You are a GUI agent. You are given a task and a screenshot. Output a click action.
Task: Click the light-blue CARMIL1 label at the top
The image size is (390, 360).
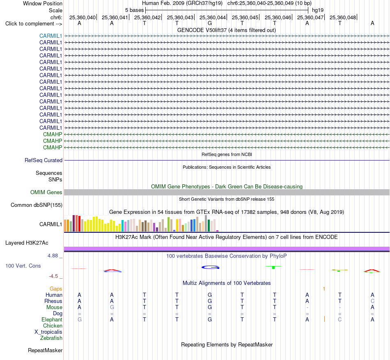50,36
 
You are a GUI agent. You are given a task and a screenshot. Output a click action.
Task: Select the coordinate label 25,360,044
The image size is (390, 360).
212,17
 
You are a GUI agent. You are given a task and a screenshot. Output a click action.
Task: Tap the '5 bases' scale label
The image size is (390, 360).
134,10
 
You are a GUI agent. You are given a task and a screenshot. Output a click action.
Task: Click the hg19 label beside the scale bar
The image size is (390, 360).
318,10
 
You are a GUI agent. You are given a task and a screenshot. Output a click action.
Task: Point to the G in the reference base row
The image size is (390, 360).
210,23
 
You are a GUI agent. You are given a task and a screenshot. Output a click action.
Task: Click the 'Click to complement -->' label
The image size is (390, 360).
34,24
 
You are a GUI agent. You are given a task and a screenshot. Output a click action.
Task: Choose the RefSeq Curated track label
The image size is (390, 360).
44,161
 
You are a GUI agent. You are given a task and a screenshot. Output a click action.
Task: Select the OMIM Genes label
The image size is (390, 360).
46,192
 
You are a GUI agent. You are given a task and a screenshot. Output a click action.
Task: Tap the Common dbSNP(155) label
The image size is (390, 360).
37,205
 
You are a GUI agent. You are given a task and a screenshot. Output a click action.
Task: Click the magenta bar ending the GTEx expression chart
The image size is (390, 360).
218,231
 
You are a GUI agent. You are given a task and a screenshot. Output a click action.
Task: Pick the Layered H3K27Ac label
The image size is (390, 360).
27,243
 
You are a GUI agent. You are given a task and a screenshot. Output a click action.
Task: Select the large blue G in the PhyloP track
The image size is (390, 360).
211,267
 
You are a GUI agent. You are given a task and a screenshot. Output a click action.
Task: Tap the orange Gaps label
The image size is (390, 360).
56,289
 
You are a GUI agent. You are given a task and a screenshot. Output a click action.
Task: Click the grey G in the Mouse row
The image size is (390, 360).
112,307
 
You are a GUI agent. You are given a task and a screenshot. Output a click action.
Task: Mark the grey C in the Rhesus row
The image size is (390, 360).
372,301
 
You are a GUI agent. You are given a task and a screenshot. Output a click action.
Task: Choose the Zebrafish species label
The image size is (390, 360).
51,338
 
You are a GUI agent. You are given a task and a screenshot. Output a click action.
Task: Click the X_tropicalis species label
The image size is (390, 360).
48,332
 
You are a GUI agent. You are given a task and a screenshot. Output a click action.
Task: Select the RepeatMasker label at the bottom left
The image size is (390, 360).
45,350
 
